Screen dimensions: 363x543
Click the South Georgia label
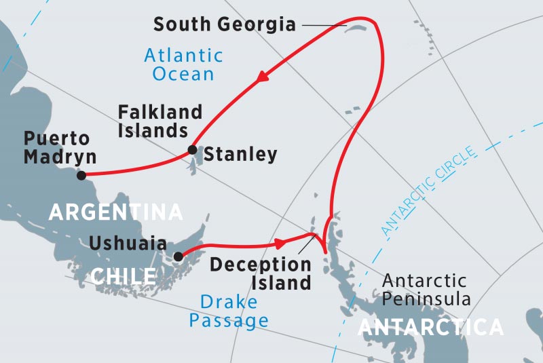[x=225, y=25]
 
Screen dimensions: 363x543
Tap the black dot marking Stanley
[x=192, y=150]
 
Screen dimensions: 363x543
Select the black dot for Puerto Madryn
[x=81, y=175]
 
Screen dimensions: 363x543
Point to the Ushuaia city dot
[x=178, y=256]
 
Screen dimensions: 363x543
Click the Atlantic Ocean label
[x=183, y=64]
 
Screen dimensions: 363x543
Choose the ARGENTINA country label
[x=115, y=212]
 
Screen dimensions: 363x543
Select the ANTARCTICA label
[x=430, y=328]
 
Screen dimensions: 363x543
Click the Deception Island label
[x=260, y=273]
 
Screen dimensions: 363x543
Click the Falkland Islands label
[x=160, y=121]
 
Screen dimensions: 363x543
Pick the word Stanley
[x=240, y=155]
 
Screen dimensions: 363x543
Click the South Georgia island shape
[x=356, y=27]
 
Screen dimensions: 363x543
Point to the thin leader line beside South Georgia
[x=324, y=26]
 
